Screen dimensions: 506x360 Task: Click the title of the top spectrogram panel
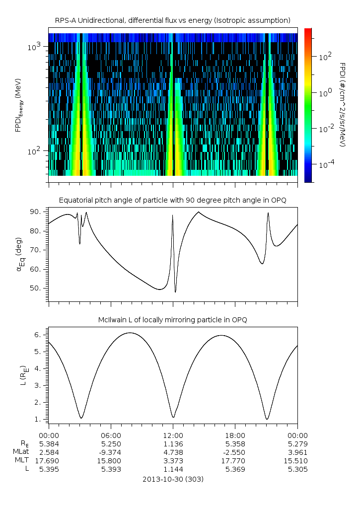click(x=172, y=20)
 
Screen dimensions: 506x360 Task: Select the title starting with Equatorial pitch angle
click(x=172, y=200)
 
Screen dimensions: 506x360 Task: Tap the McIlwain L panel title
click(x=172, y=320)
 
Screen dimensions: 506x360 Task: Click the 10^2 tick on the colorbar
click(x=325, y=57)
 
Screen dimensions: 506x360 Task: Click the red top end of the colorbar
click(x=308, y=31)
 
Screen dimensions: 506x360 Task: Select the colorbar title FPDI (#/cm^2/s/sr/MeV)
click(x=343, y=105)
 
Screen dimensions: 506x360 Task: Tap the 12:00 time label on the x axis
click(x=173, y=434)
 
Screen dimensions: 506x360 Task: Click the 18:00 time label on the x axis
click(x=235, y=434)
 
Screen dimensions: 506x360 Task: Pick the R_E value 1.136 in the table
click(x=173, y=443)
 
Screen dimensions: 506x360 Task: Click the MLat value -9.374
click(x=111, y=452)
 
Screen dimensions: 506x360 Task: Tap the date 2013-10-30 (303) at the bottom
click(x=172, y=479)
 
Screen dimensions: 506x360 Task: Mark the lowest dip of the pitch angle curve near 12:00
click(x=175, y=292)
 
